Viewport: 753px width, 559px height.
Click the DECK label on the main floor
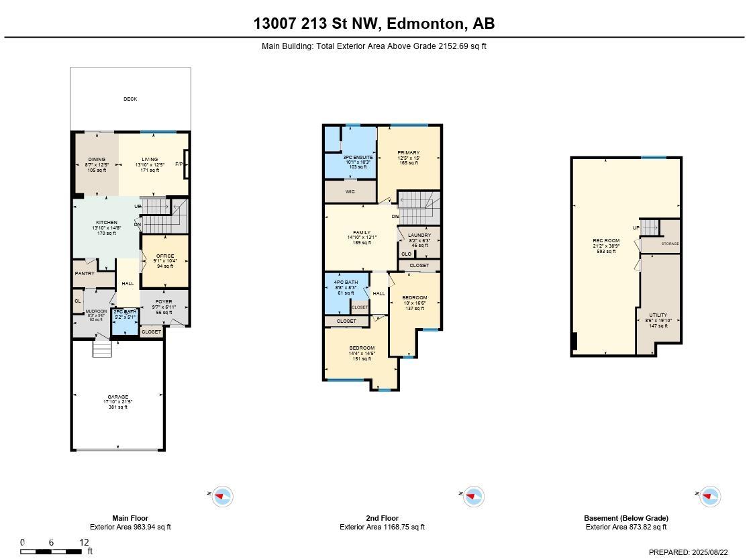130,99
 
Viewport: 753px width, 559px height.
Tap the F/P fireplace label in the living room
179,164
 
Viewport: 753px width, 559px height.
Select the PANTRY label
85,273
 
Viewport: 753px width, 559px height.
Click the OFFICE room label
165,256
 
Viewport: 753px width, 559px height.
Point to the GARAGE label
118,397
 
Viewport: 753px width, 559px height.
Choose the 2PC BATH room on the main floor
125,312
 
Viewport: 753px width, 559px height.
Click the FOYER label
164,302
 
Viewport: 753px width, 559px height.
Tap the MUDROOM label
97,312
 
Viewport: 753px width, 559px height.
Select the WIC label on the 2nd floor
350,192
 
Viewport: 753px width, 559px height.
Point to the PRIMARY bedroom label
408,153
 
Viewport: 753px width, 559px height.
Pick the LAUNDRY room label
419,236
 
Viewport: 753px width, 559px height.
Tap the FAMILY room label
362,233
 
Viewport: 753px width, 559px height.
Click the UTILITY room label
658,315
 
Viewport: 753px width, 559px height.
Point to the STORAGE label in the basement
670,244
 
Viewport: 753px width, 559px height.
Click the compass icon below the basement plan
709,497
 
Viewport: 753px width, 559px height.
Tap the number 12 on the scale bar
84,542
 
